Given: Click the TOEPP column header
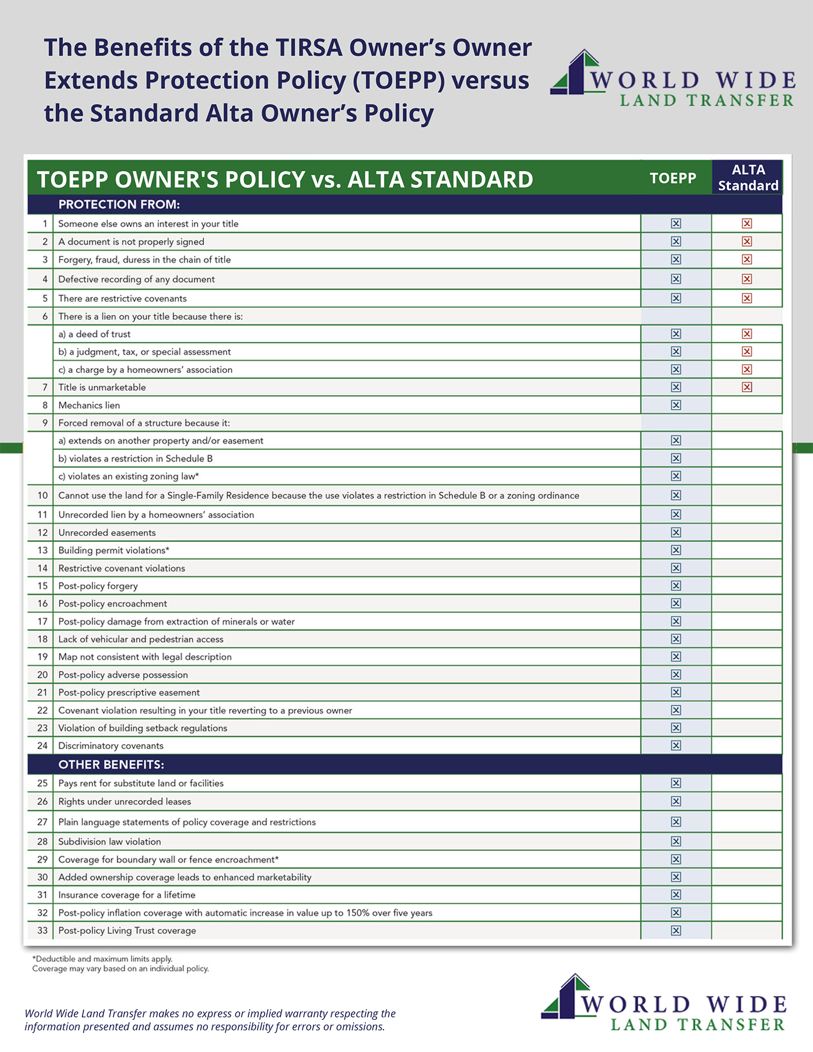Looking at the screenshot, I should pyautogui.click(x=673, y=178).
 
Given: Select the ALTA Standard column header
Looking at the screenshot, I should pyautogui.click(x=748, y=178).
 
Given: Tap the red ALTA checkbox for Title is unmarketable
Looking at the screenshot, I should pyautogui.click(x=746, y=387).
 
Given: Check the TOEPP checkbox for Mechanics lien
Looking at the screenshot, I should pyautogui.click(x=676, y=405).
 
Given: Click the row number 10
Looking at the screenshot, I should pyautogui.click(x=42, y=496).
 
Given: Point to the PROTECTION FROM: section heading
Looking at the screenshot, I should pyautogui.click(x=119, y=205).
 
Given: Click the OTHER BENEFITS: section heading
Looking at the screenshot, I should pyautogui.click(x=111, y=764).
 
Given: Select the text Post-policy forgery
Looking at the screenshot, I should pyautogui.click(x=98, y=586).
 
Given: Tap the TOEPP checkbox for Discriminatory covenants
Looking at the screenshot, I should pyautogui.click(x=676, y=745).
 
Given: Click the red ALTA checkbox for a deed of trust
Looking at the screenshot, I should pyautogui.click(x=746, y=334).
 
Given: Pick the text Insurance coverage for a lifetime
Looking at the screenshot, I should pyautogui.click(x=126, y=895).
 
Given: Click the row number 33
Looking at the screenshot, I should pyautogui.click(x=42, y=930).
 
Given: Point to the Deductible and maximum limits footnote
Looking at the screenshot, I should pyautogui.click(x=102, y=959).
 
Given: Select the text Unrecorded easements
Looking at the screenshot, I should pyautogui.click(x=106, y=532).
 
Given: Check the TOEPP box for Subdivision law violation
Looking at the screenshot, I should pyautogui.click(x=676, y=841).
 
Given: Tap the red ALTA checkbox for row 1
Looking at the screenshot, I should pyautogui.click(x=746, y=223).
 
